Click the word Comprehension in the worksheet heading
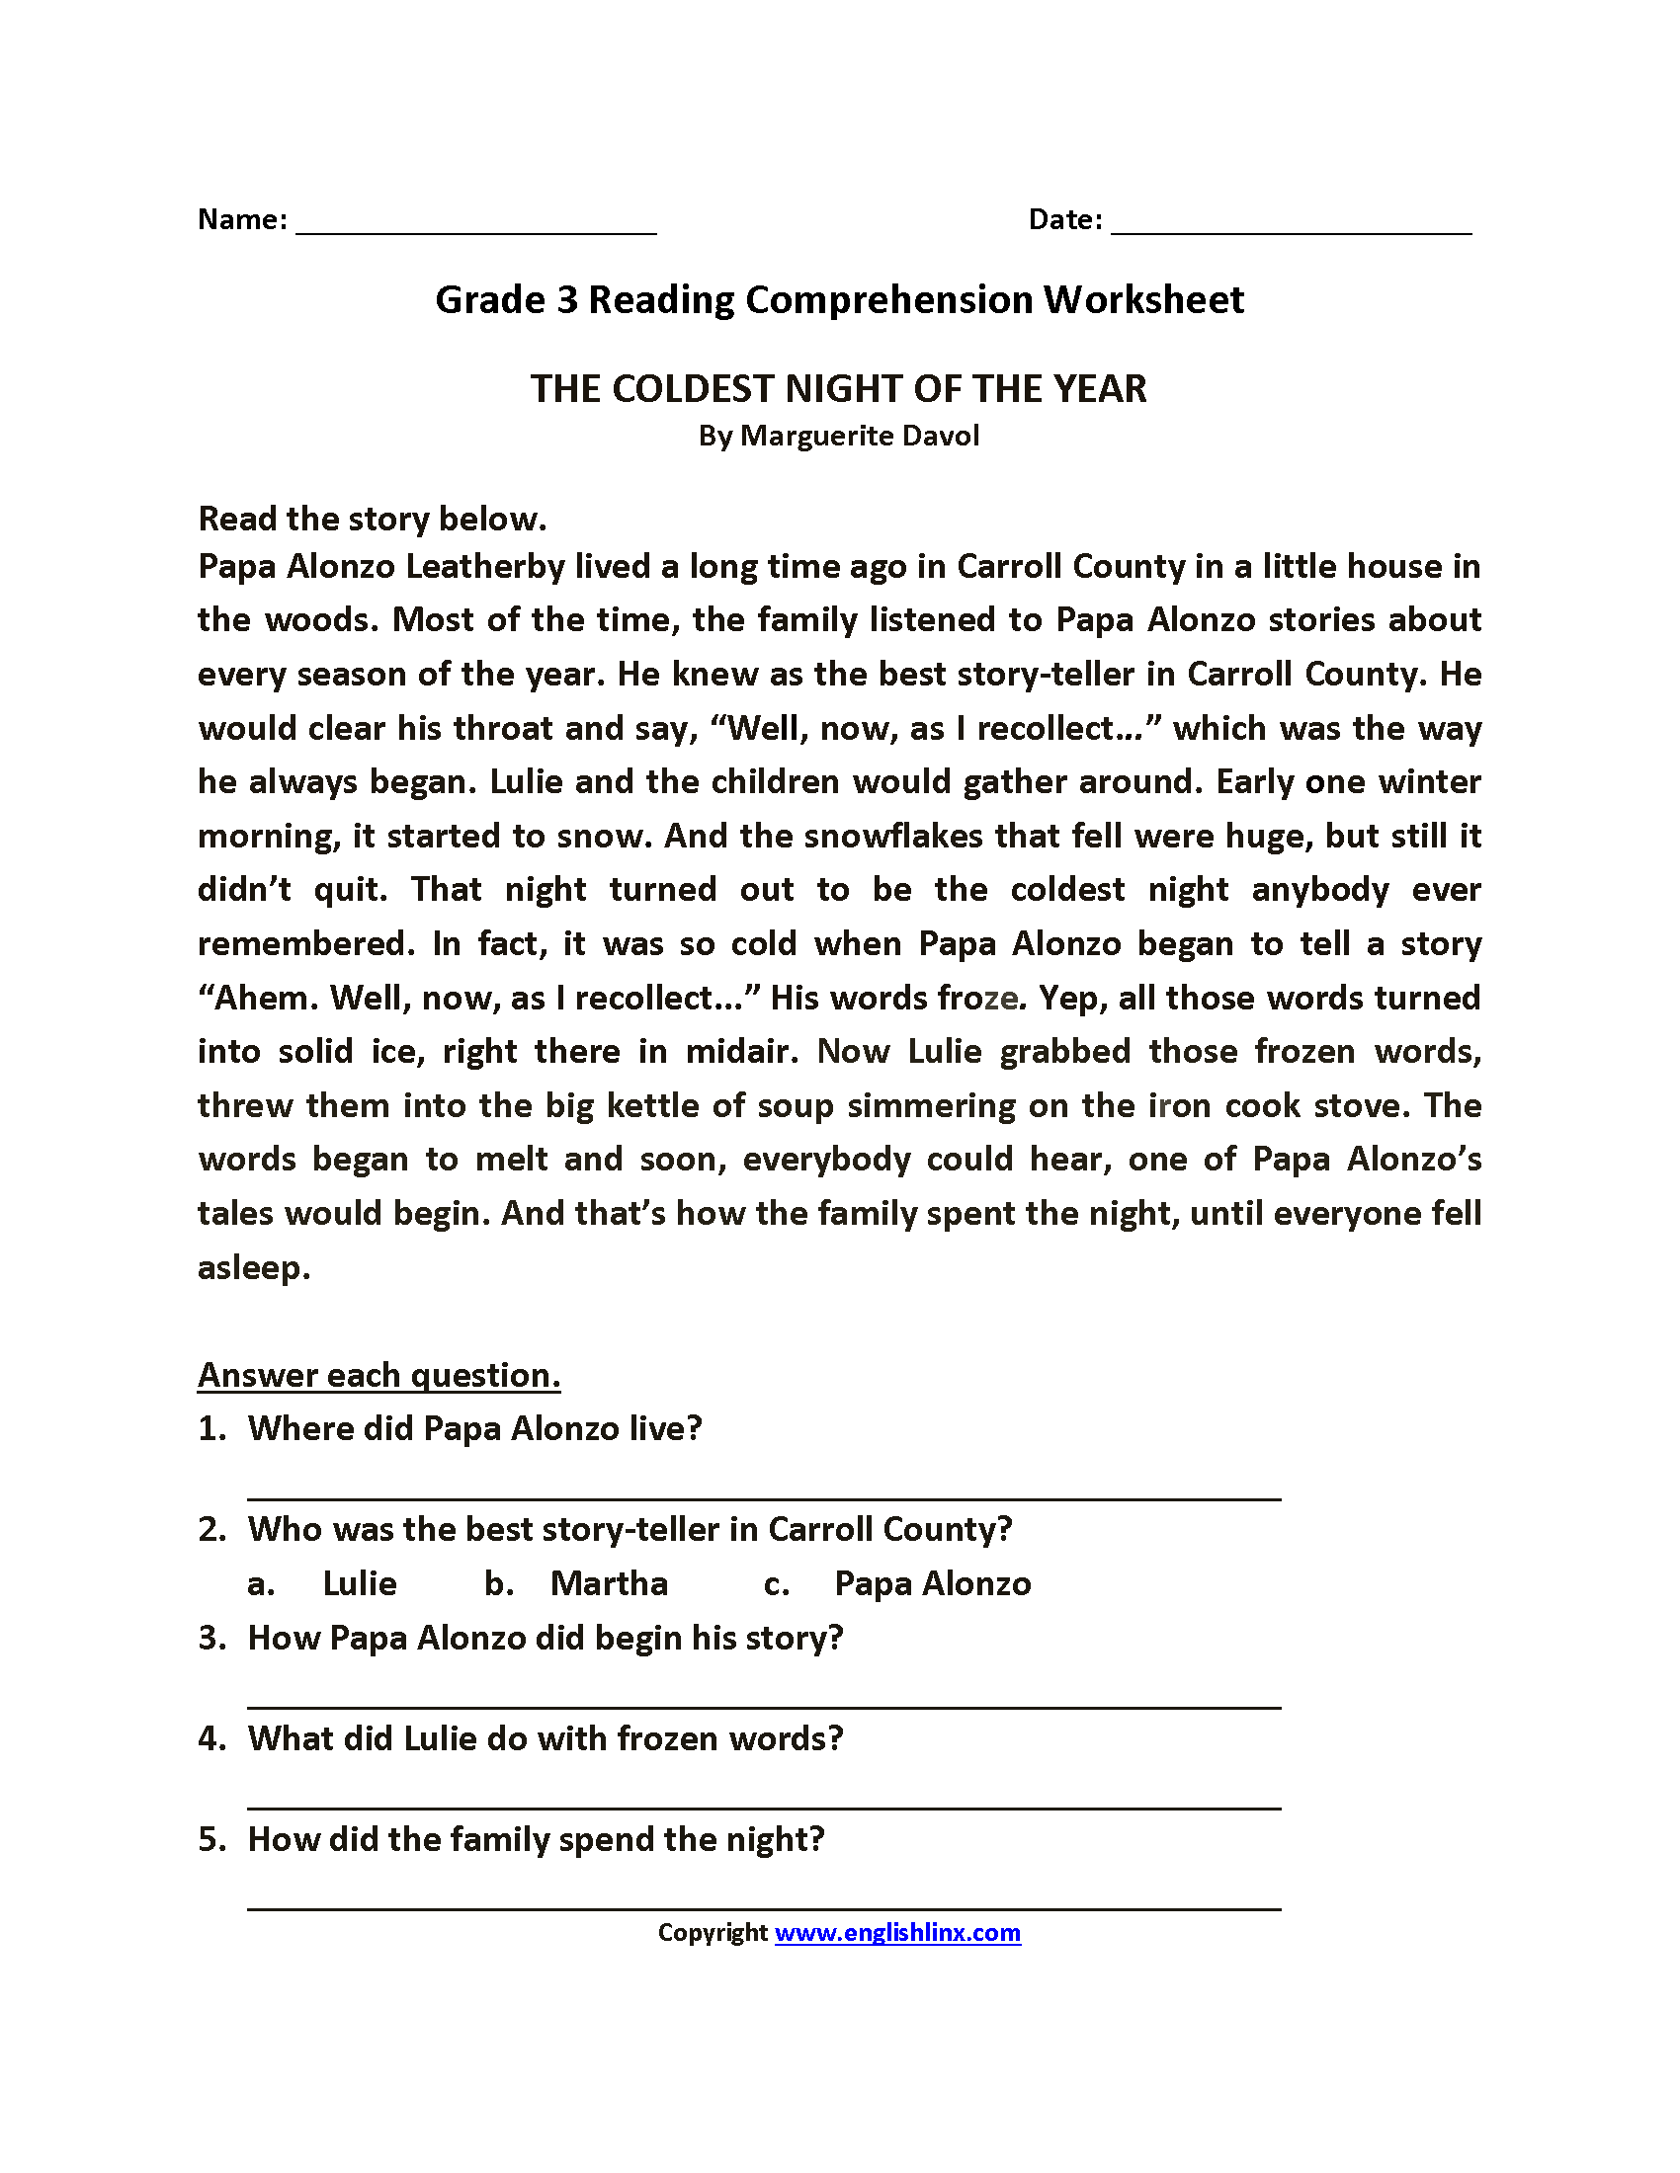point(888,299)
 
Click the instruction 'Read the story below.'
point(373,519)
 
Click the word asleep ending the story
point(254,1267)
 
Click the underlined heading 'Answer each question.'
point(379,1375)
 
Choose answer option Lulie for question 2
point(360,1583)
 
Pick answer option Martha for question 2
point(609,1583)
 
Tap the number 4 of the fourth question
point(208,1738)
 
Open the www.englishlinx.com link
point(897,1933)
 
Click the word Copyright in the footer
point(713,1933)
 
